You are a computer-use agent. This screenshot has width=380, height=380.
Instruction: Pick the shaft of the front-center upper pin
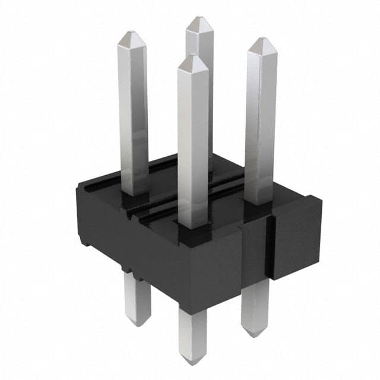point(194,142)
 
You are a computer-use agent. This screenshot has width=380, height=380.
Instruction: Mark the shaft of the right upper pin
point(261,119)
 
